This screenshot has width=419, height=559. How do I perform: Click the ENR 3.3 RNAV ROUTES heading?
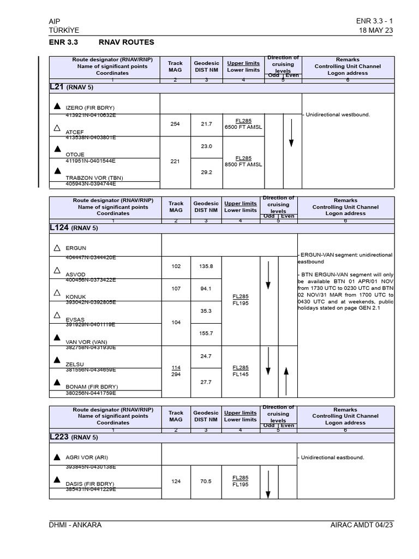coord(101,42)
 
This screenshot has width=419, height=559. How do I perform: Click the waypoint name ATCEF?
coord(75,132)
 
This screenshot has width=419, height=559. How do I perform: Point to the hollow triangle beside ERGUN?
coord(57,248)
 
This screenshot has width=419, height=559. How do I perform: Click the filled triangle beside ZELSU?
coord(57,360)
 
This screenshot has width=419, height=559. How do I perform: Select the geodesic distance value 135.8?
coord(206,266)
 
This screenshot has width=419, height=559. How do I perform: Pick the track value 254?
coord(175,124)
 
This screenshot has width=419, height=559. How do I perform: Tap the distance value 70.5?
coord(206,481)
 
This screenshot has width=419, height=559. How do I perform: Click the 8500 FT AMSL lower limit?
coord(243,164)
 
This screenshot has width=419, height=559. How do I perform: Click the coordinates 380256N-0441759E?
coord(91,393)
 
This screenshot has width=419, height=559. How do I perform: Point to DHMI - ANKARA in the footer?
coord(75,525)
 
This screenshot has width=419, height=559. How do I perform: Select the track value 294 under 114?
coord(175,375)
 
